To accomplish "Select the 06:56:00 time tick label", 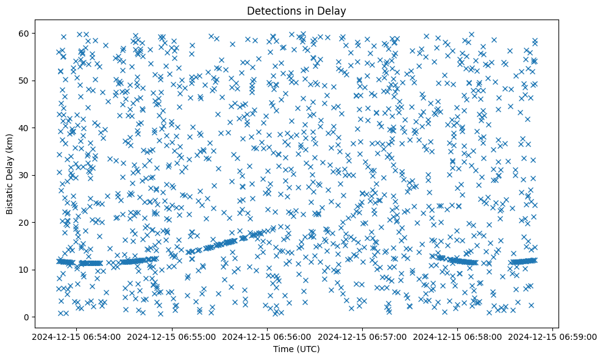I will click(x=266, y=336).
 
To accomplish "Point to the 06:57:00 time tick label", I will click(x=362, y=336).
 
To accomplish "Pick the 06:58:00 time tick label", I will click(x=457, y=336).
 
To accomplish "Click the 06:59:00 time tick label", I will click(x=553, y=336).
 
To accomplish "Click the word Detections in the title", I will click(x=271, y=11).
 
